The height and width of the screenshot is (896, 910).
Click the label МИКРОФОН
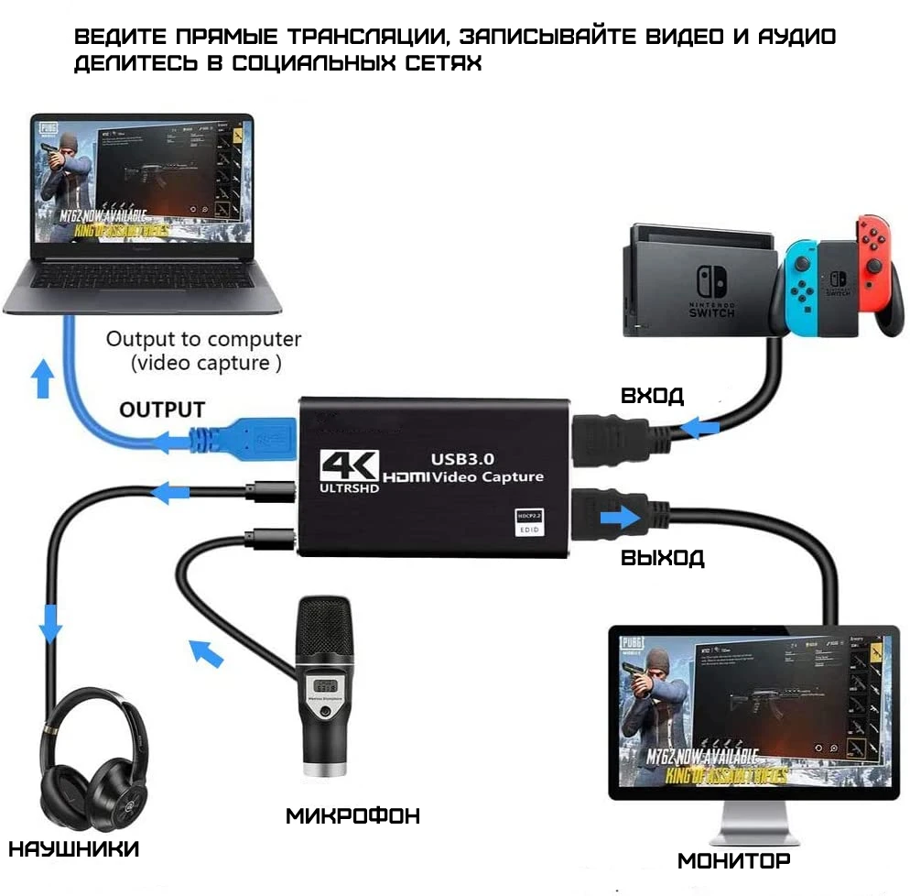click(x=352, y=814)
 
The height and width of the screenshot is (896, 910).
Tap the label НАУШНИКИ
click(x=74, y=848)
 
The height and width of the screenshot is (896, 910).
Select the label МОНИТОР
click(x=733, y=860)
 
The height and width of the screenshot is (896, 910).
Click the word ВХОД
click(x=652, y=396)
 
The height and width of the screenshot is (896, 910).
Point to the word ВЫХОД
click(x=662, y=557)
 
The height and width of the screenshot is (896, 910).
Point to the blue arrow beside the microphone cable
click(x=206, y=652)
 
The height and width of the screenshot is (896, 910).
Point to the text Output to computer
click(x=203, y=339)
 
